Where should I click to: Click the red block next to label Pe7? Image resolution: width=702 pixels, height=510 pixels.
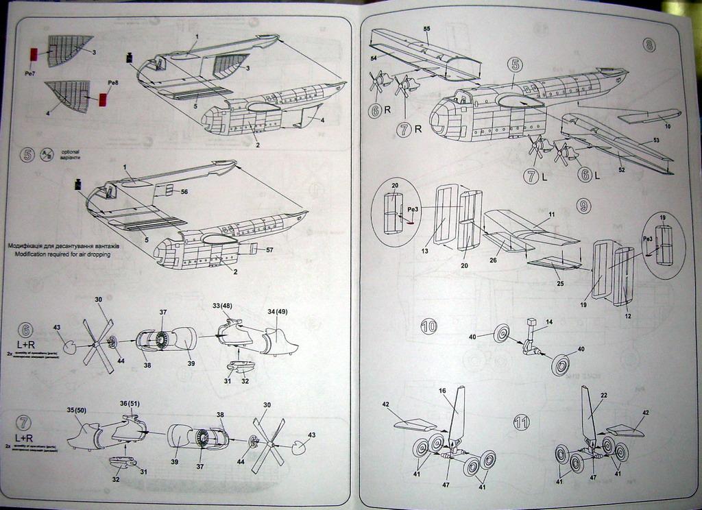pyautogui.click(x=32, y=54)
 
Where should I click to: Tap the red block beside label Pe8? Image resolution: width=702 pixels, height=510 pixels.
pyautogui.click(x=104, y=99)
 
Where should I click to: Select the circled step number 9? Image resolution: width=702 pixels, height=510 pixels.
pyautogui.click(x=583, y=206)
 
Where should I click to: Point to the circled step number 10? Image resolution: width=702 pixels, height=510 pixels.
pyautogui.click(x=430, y=327)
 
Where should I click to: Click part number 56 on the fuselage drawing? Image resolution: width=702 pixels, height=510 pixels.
pyautogui.click(x=184, y=192)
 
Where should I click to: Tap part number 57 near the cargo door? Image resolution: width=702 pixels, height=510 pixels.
pyautogui.click(x=269, y=250)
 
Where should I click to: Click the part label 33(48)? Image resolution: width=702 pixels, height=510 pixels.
pyautogui.click(x=222, y=305)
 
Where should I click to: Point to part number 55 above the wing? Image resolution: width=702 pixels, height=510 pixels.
pyautogui.click(x=426, y=28)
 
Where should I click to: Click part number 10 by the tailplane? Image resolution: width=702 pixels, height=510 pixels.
pyautogui.click(x=667, y=126)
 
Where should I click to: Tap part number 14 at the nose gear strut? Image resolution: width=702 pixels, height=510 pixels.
pyautogui.click(x=548, y=321)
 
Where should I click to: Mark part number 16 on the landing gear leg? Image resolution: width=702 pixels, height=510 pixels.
pyautogui.click(x=442, y=391)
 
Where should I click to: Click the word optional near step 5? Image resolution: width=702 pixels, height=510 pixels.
pyautogui.click(x=71, y=151)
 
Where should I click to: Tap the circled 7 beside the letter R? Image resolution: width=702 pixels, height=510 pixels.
pyautogui.click(x=402, y=127)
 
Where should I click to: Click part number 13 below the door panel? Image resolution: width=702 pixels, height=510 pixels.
pyautogui.click(x=425, y=252)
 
